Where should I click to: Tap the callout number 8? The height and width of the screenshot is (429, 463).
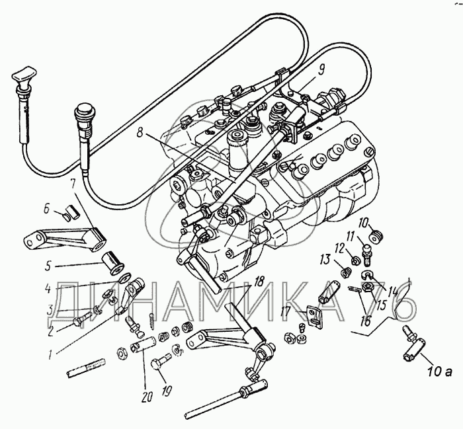click(x=140, y=133)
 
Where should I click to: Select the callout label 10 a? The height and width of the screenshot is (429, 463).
click(x=440, y=371)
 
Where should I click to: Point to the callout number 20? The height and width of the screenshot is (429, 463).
click(x=147, y=398)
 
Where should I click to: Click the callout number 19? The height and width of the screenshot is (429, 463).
click(x=167, y=391)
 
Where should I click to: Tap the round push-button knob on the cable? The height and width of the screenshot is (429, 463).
click(x=83, y=112)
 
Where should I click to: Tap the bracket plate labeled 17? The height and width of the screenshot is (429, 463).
click(x=314, y=316)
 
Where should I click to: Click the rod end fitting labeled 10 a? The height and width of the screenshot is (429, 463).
click(x=414, y=342)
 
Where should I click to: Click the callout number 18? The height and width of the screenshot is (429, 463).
click(x=259, y=282)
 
